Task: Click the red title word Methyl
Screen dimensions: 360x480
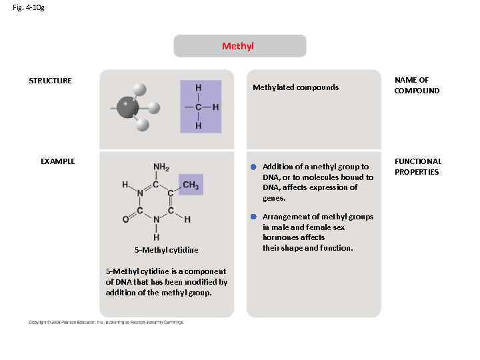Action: [238, 46]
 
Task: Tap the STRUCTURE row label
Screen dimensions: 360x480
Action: [50, 81]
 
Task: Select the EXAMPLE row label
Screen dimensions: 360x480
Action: [58, 161]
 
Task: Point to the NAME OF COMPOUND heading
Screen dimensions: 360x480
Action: [417, 85]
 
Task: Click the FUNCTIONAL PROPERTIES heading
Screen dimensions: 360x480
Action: [418, 167]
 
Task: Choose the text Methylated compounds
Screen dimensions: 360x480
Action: [295, 87]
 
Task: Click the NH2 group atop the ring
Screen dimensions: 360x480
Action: [161, 167]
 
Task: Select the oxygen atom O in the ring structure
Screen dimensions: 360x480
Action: [125, 219]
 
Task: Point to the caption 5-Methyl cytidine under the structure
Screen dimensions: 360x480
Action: [167, 250]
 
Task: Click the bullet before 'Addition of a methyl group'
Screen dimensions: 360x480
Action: [254, 167]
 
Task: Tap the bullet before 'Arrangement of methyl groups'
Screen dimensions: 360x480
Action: [254, 217]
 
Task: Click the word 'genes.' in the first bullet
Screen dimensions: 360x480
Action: [274, 198]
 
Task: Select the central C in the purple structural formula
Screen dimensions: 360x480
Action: [199, 107]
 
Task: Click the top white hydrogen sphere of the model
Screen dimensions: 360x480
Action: [139, 89]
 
